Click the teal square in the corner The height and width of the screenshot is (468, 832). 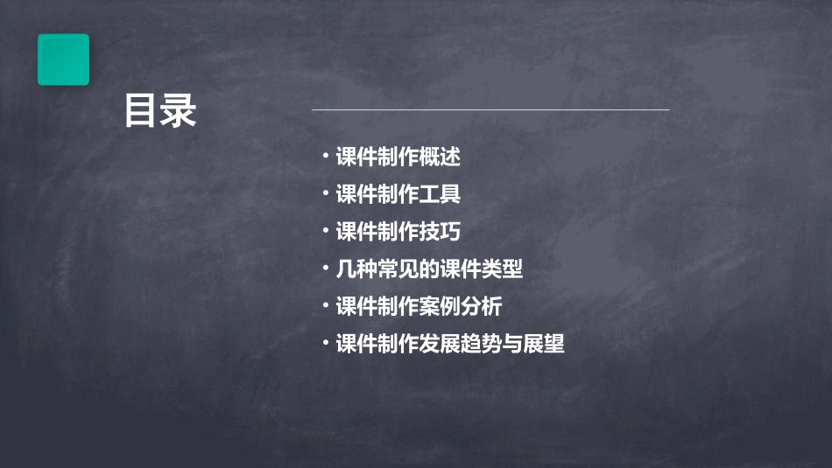pos(63,59)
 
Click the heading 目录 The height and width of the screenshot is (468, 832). pos(160,112)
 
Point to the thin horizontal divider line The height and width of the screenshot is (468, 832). pos(490,110)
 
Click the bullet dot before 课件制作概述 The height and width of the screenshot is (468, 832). pos(325,157)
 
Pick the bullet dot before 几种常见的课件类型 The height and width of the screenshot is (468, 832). pos(325,269)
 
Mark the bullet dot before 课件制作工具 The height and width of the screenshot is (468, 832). pos(325,193)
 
